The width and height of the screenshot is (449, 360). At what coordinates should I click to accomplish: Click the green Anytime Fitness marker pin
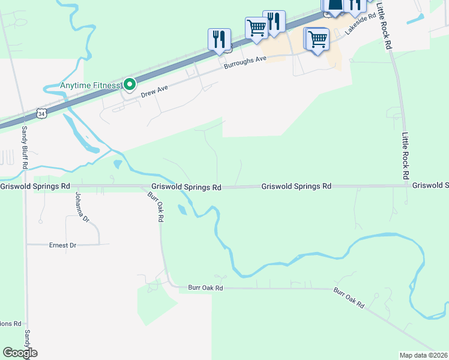pos(128,85)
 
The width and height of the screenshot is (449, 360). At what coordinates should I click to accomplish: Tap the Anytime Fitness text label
pos(91,85)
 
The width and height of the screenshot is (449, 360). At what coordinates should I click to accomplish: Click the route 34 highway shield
pos(41,113)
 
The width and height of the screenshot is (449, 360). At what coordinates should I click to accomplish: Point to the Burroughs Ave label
pos(245,62)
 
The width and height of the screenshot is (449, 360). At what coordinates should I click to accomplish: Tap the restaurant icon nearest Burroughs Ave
pos(219,39)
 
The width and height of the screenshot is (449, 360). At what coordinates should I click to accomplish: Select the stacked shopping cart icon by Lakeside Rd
pos(317,40)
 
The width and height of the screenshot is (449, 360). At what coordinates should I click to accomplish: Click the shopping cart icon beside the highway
pos(256,27)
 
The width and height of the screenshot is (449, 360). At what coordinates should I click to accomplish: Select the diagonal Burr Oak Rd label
pos(349,298)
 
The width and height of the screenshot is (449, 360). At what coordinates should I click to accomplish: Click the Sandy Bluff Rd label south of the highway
pos(25,146)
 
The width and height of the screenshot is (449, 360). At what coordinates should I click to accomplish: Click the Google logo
pos(20,353)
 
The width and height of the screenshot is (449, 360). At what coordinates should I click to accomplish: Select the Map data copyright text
pos(423,355)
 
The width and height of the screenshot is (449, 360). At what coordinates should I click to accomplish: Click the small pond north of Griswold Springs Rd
pos(118,164)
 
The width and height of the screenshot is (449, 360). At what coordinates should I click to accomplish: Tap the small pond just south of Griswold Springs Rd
pos(182,210)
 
